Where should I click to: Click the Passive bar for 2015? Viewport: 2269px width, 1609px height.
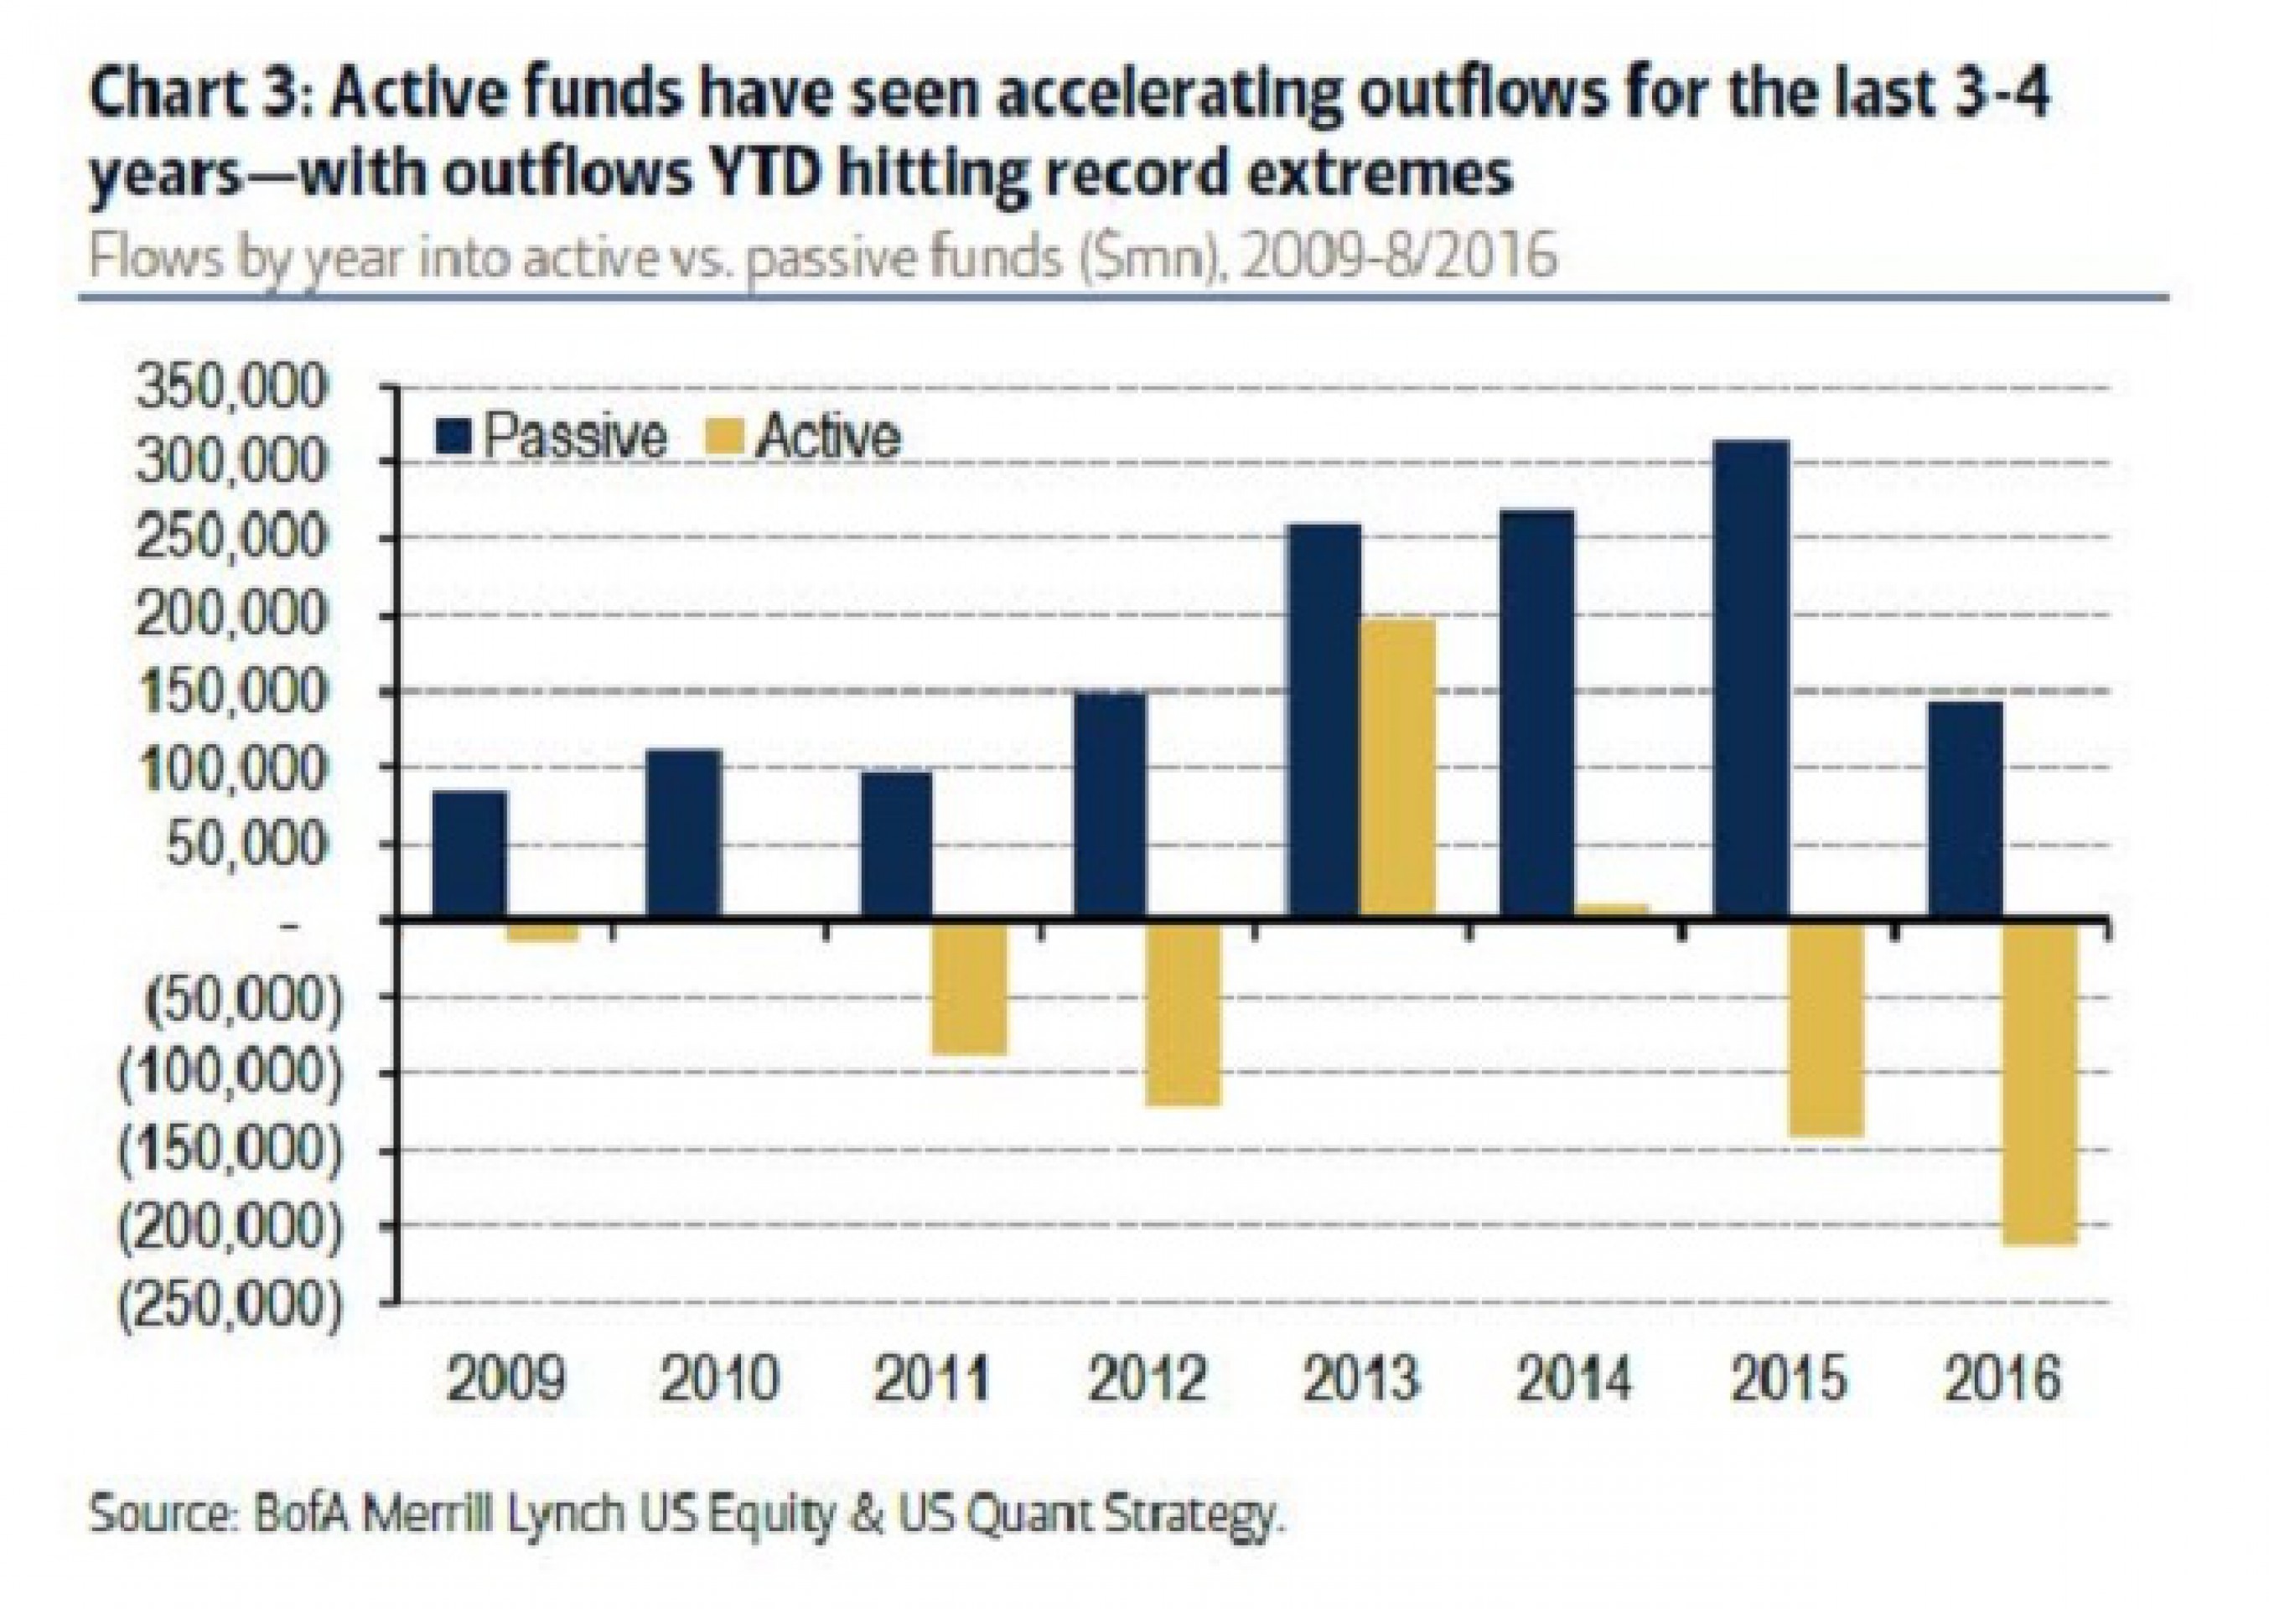click(x=1751, y=679)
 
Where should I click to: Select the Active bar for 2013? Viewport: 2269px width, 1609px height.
click(x=1398, y=767)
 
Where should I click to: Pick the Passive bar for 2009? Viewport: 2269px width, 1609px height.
click(x=469, y=854)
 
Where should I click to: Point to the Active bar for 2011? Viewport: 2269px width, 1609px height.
click(x=969, y=988)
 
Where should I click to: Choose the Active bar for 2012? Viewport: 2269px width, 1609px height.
click(x=1183, y=1013)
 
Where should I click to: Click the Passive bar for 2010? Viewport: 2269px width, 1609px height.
click(x=684, y=833)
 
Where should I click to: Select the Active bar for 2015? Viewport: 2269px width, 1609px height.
click(x=1826, y=1028)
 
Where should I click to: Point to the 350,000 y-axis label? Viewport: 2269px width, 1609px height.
click(x=230, y=388)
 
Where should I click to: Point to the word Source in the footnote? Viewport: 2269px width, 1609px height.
click(x=158, y=1515)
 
